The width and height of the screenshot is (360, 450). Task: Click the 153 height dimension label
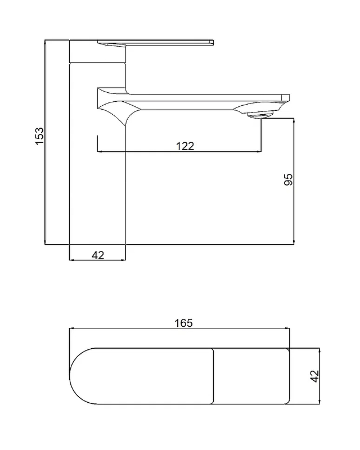click(x=39, y=136)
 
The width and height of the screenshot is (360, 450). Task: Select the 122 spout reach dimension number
click(x=185, y=146)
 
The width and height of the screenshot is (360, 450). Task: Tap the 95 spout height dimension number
click(x=288, y=179)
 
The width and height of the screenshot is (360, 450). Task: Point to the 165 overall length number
click(x=184, y=323)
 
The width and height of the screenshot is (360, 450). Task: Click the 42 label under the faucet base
click(x=98, y=255)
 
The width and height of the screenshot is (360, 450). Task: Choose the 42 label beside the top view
click(x=315, y=376)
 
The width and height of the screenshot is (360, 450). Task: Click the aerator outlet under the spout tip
click(x=259, y=115)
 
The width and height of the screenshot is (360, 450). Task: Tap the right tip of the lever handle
click(x=214, y=42)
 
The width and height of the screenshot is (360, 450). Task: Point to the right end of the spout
click(x=289, y=98)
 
